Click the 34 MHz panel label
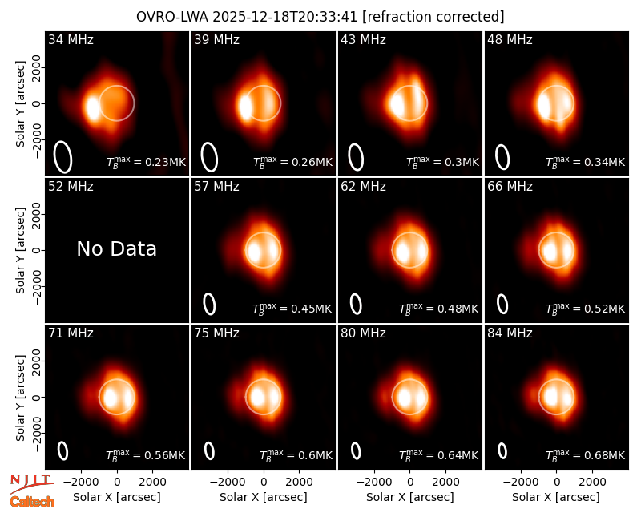point(71,39)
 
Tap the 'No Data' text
point(116,248)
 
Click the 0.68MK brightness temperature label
point(585,455)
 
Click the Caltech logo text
point(32,502)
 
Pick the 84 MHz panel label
point(510,333)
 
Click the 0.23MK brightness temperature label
point(146,162)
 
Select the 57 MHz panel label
point(216,187)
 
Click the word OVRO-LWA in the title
point(171,17)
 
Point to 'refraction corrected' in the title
point(433,17)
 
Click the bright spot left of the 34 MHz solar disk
point(93,107)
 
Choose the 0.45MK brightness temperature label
point(292,309)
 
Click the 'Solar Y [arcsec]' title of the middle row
point(20,250)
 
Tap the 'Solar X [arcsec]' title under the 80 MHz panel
point(409,497)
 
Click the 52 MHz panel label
point(71,187)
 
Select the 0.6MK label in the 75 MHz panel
point(296,455)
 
